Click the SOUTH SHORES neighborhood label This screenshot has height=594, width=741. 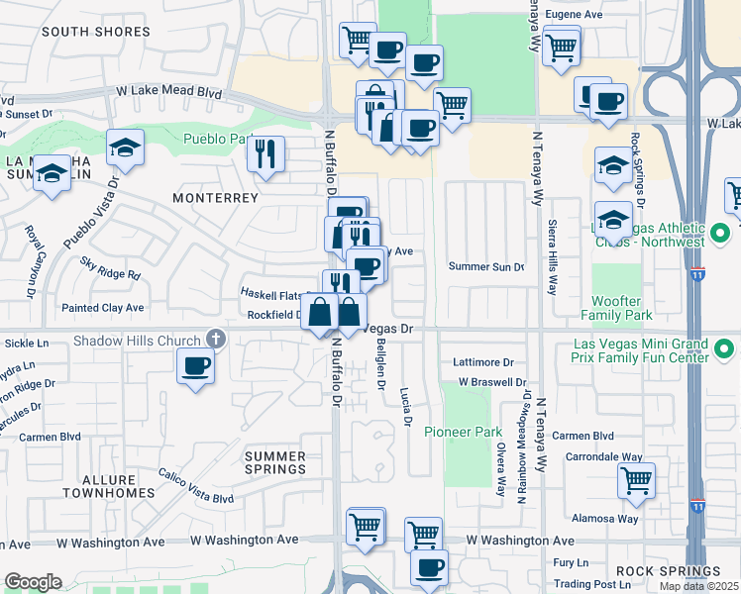click(x=96, y=32)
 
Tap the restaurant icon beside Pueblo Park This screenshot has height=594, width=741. click(x=265, y=153)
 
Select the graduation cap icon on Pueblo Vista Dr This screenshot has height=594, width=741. click(x=126, y=149)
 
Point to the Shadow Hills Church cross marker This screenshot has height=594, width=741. click(x=216, y=341)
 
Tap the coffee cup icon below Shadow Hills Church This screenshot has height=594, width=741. click(x=195, y=366)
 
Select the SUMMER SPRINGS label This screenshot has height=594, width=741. click(x=274, y=462)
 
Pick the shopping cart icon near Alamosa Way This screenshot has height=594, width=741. click(x=636, y=481)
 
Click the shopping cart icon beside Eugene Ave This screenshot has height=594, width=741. click(x=561, y=46)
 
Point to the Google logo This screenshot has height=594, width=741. click(x=32, y=581)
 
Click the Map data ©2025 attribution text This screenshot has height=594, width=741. click(x=698, y=586)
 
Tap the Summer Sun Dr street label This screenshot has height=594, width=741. click(x=484, y=266)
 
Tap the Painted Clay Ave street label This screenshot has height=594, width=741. click(x=102, y=308)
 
